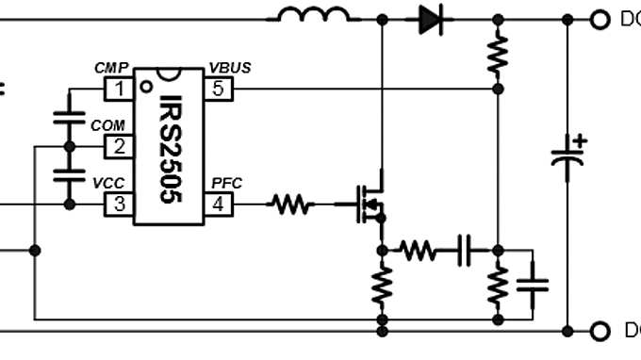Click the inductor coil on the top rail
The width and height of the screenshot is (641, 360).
coord(313,14)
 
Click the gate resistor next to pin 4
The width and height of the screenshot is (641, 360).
coord(290,203)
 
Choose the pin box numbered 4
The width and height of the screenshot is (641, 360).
coord(219,203)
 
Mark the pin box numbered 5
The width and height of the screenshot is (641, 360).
coord(219,90)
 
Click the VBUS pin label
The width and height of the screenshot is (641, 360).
coord(229,69)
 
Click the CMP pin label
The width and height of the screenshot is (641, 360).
coord(111,69)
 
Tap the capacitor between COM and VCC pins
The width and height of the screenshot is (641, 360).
coord(68,174)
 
